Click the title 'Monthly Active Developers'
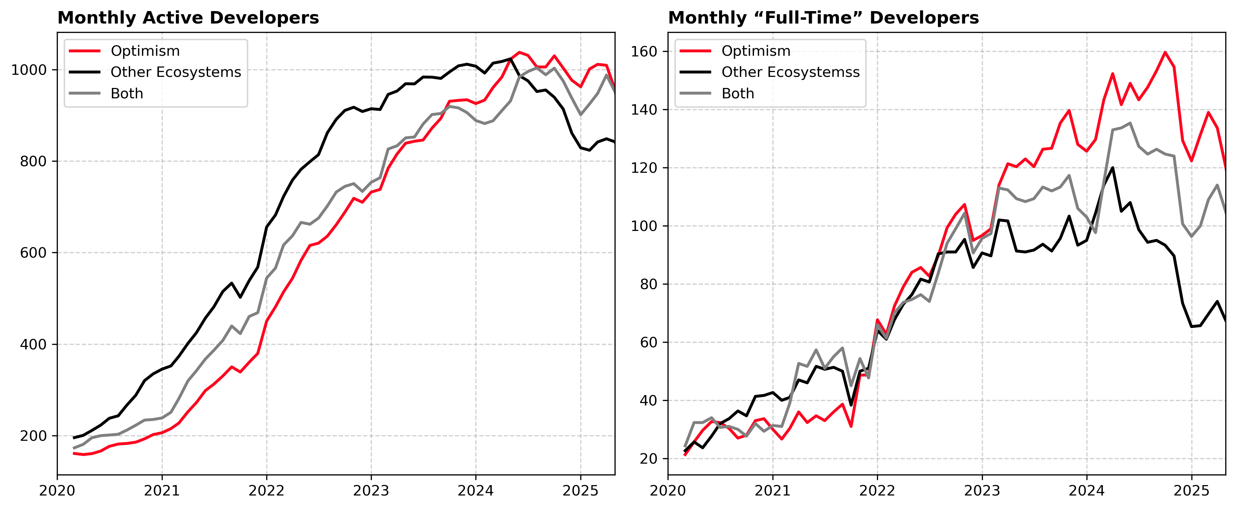[188, 18]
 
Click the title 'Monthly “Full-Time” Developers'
[823, 18]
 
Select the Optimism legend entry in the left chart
[145, 51]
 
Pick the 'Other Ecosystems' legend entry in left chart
[176, 72]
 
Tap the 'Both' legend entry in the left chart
[127, 93]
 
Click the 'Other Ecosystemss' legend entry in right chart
[790, 72]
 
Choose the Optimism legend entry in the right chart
[756, 51]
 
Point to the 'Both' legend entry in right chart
[737, 93]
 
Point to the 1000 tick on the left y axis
[29, 70]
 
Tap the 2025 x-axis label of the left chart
[581, 491]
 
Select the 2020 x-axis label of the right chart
[668, 491]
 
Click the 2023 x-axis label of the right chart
[982, 491]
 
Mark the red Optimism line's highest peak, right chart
[1165, 52]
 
